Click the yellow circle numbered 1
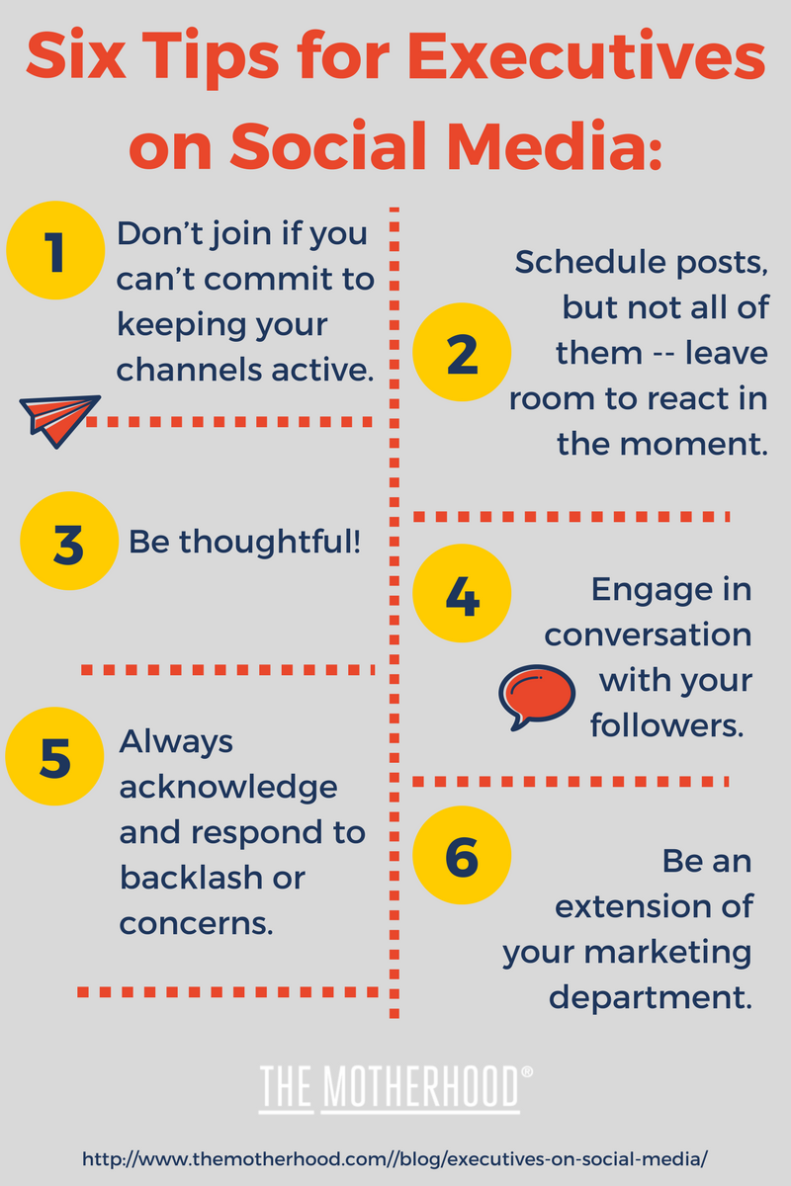point(55,250)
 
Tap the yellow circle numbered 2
point(462,352)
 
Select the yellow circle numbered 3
point(69,542)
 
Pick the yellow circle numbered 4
point(462,594)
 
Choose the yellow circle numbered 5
point(54,757)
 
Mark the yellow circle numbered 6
point(462,855)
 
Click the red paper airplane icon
point(59,421)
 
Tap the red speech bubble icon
point(537,697)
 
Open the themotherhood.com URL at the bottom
point(395,1159)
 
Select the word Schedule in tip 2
point(590,262)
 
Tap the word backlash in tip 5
point(191,878)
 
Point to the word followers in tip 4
point(667,724)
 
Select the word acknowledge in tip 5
point(228,789)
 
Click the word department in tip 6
point(651,999)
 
